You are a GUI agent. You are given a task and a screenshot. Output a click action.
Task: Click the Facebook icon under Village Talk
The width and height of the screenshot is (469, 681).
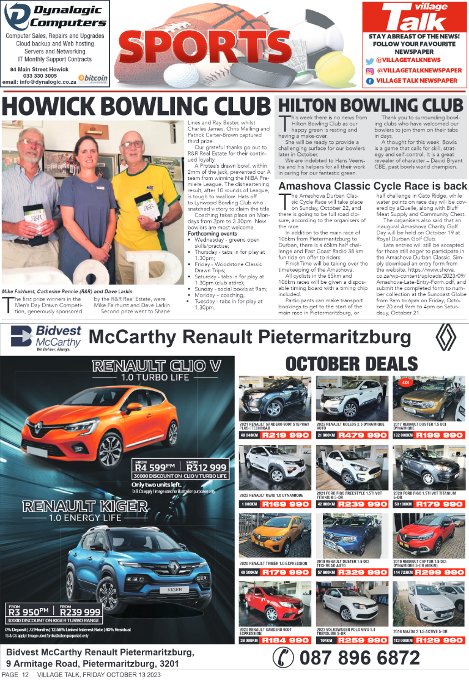point(369,80)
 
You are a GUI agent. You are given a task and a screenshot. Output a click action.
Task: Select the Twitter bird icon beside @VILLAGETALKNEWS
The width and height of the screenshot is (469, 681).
point(369,61)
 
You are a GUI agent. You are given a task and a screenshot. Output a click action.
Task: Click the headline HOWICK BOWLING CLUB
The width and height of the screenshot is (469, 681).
point(136,106)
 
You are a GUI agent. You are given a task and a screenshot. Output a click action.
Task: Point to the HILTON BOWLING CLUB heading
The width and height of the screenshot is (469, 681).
point(371,105)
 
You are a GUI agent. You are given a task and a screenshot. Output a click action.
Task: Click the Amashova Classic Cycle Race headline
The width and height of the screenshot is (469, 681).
point(372,185)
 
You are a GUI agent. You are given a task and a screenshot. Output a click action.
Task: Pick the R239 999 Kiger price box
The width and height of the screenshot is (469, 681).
point(80,611)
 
